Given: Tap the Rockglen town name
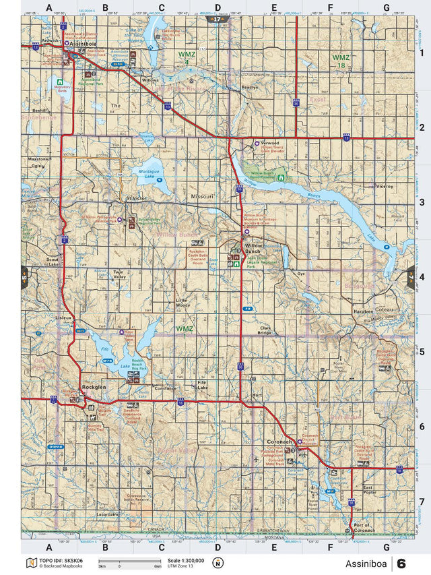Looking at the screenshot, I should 94,387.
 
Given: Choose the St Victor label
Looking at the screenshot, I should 135,198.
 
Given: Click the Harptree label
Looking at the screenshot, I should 362,312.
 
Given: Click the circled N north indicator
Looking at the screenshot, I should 218,563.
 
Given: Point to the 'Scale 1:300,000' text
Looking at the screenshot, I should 184,559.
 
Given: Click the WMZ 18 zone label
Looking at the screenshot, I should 341,61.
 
